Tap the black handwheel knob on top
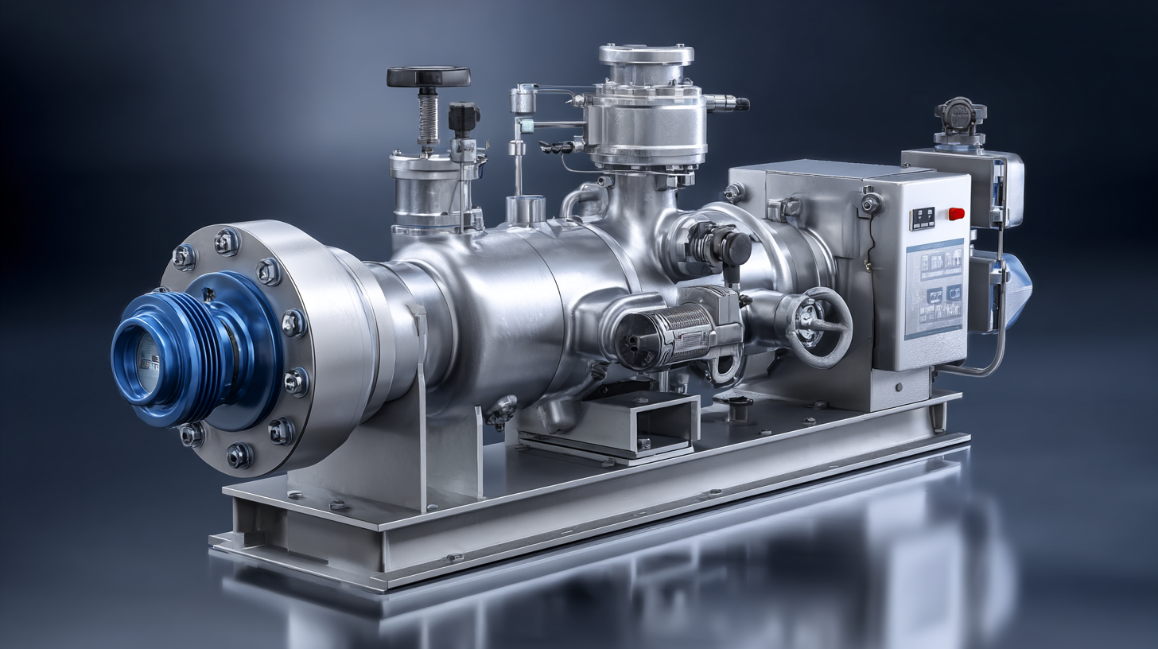tap(428, 77)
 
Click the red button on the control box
tap(956, 213)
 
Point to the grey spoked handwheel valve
tap(820, 327)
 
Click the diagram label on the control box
tap(935, 286)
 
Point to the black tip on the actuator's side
tap(741, 103)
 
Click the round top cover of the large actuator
tap(646, 54)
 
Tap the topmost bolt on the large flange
tap(226, 241)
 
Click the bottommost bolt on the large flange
tap(239, 455)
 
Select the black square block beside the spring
tap(464, 119)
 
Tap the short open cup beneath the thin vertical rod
tap(526, 209)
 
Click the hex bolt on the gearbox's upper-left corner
tap(733, 192)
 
